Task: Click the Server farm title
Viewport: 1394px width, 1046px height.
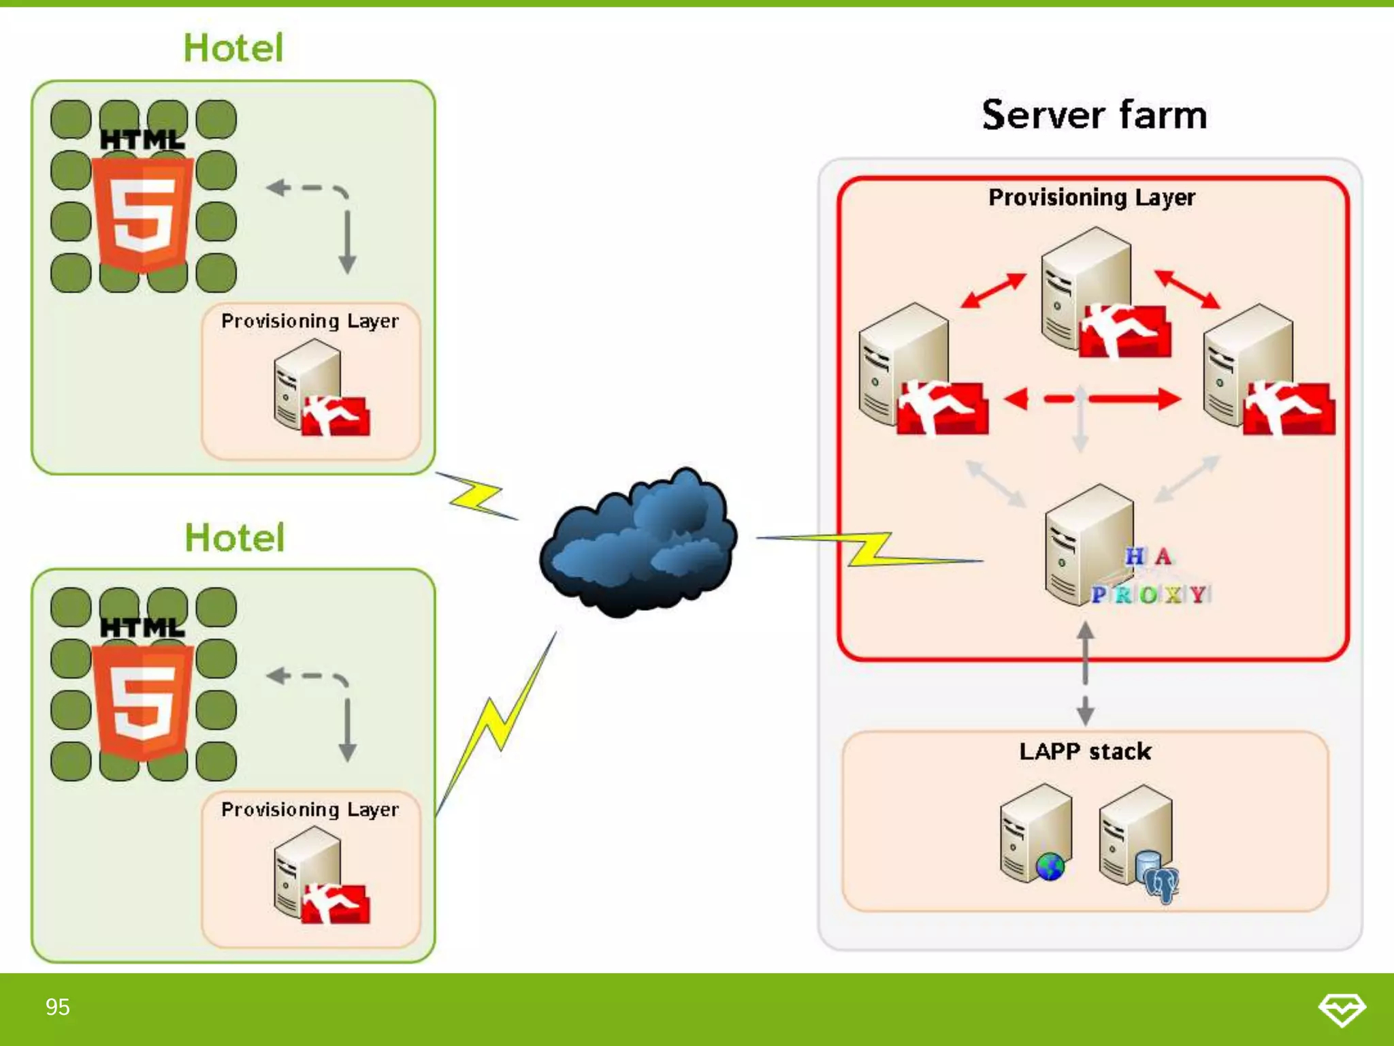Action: [1094, 114]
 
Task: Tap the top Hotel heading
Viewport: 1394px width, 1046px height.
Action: [233, 48]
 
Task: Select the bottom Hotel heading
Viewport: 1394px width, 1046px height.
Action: [235, 537]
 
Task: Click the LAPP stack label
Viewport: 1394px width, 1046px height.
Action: [1085, 751]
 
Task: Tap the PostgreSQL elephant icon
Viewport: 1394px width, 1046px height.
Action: [1161, 883]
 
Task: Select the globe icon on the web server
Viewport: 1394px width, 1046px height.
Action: [1050, 867]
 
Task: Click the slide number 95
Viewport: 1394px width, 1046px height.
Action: [58, 1007]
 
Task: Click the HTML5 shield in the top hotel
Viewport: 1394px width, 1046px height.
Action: [143, 211]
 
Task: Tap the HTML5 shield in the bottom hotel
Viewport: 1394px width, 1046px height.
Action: [143, 699]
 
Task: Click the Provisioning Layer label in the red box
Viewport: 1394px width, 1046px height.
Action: [1092, 197]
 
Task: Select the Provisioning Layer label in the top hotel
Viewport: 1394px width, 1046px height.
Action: [310, 321]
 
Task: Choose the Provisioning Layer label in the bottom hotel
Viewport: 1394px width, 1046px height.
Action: [310, 809]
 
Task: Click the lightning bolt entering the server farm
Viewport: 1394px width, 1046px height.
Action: [869, 549]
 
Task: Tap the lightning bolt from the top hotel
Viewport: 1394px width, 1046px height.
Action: [476, 496]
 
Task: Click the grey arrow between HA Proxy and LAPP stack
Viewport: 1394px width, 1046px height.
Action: [1086, 674]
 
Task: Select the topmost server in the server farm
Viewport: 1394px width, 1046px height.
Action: [1086, 286]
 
